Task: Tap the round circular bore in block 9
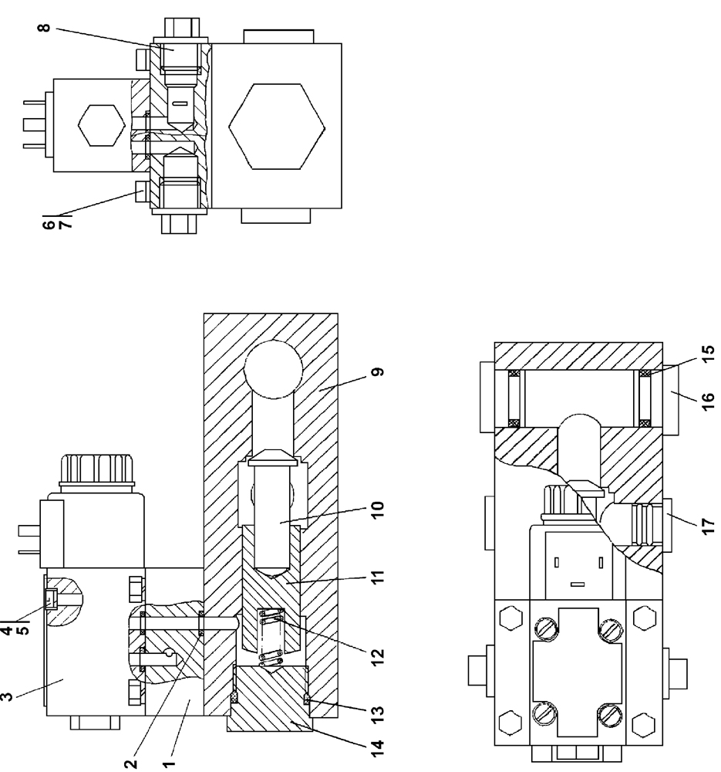coord(272,369)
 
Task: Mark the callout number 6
coord(49,224)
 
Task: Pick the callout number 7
coord(62,224)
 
